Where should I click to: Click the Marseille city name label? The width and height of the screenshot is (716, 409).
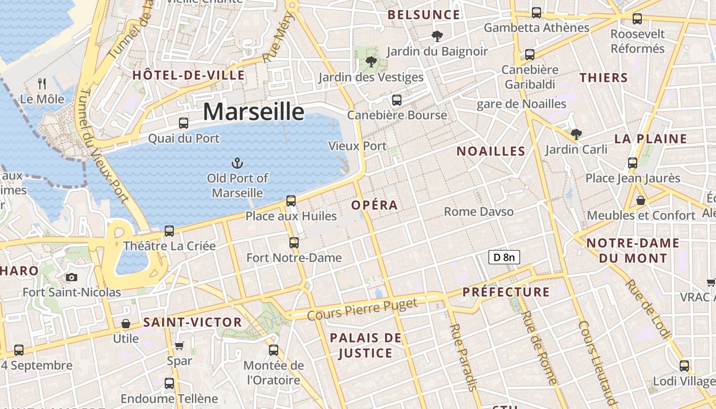tap(254, 111)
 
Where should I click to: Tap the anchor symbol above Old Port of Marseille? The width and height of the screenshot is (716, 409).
tap(237, 164)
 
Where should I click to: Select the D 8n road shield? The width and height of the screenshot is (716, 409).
tap(504, 257)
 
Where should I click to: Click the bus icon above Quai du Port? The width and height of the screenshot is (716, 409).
tap(183, 123)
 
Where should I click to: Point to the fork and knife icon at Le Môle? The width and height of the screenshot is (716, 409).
tap(42, 83)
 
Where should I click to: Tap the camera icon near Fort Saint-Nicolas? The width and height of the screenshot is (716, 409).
tap(72, 277)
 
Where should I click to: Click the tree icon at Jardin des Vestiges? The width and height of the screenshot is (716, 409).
tap(371, 62)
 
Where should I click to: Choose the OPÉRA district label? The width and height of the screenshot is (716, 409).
tap(374, 206)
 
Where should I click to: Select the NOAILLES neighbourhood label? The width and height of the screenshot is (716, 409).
tap(490, 151)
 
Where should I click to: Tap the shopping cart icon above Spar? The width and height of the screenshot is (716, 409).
tap(180, 346)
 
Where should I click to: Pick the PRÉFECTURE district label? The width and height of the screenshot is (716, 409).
tap(506, 292)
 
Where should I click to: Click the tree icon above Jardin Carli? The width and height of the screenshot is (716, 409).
tap(576, 134)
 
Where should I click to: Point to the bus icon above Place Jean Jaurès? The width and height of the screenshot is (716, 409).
tap(633, 163)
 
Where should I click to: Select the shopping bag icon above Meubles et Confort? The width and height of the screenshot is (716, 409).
tap(641, 200)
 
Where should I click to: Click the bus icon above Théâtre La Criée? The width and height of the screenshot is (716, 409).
tap(169, 231)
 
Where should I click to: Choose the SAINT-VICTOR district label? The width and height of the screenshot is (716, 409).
tap(192, 323)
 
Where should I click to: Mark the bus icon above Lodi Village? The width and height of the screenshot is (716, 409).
tap(684, 366)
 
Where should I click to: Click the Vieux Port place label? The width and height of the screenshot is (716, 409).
tap(357, 146)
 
